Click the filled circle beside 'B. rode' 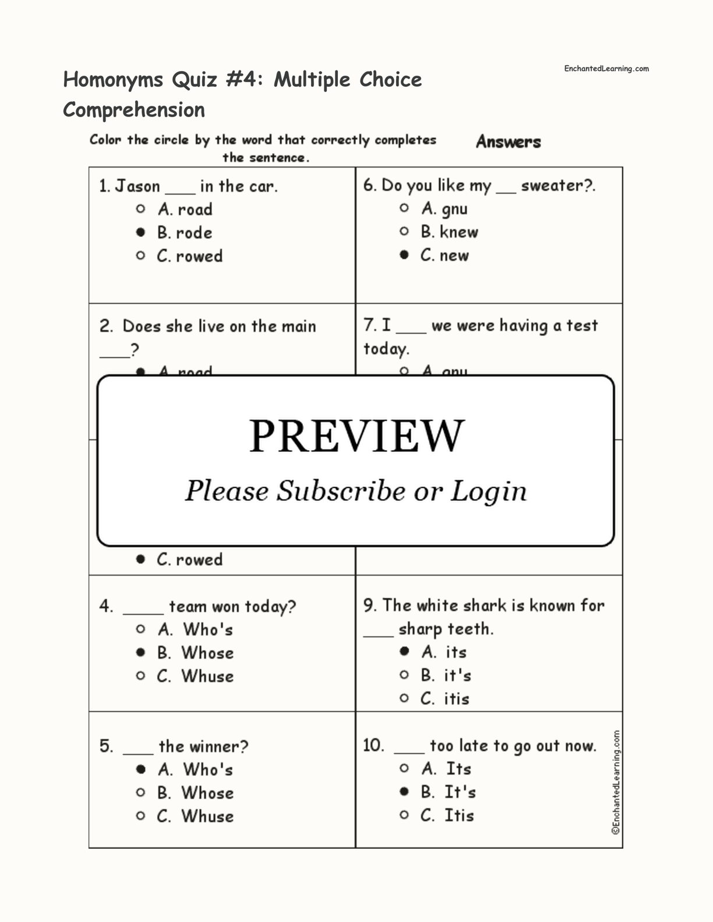coord(140,232)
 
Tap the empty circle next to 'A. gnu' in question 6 coord(404,208)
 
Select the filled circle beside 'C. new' coord(404,255)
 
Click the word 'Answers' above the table coord(508,141)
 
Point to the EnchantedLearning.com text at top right coord(606,69)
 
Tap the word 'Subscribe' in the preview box coord(340,491)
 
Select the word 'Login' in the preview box coord(488,491)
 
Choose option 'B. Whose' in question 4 coord(195,653)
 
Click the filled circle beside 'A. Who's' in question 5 coord(140,769)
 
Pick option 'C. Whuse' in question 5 coord(195,816)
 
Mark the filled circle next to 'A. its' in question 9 coord(404,651)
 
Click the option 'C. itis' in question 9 coord(445,698)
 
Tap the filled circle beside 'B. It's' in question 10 coord(404,792)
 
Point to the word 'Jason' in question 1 coord(137,186)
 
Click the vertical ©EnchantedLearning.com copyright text coord(616,783)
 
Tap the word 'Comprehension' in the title coord(134,110)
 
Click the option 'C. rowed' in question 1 coord(190,256)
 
